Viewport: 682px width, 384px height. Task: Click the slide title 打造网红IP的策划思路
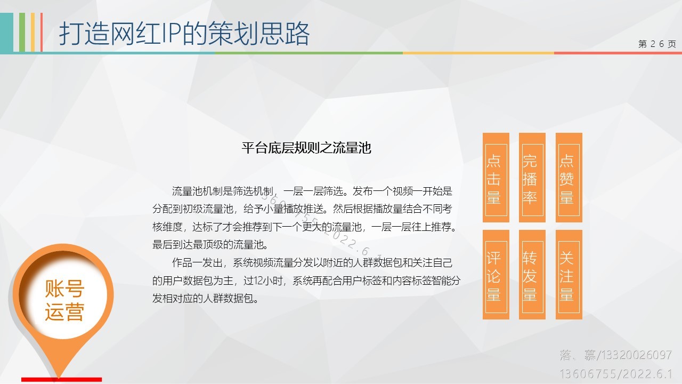point(184,34)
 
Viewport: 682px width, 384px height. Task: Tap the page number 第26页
point(657,44)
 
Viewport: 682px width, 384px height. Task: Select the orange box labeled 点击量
point(496,178)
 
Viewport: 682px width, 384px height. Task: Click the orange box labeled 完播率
point(532,178)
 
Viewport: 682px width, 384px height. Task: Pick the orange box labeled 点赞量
point(569,178)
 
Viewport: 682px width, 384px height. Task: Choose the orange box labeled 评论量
point(496,275)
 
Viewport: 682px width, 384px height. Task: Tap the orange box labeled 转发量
point(532,275)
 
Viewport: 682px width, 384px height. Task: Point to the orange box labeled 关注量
point(569,275)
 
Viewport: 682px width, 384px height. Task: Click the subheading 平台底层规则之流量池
point(306,148)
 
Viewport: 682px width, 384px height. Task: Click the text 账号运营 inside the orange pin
point(64,300)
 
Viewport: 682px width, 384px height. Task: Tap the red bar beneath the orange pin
point(61,380)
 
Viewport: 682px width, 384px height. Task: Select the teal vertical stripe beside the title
point(7,33)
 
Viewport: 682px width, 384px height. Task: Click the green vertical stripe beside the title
point(22,33)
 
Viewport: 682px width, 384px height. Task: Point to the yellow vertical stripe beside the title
point(33,33)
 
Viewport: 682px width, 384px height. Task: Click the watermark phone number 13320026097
point(636,355)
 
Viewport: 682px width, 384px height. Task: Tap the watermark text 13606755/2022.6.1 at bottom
point(616,374)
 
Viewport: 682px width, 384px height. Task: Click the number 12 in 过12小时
point(258,281)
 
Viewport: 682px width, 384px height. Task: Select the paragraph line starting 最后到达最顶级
point(210,245)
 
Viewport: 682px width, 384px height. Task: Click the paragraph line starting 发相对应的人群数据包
point(206,298)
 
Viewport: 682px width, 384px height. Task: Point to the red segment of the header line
point(618,53)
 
